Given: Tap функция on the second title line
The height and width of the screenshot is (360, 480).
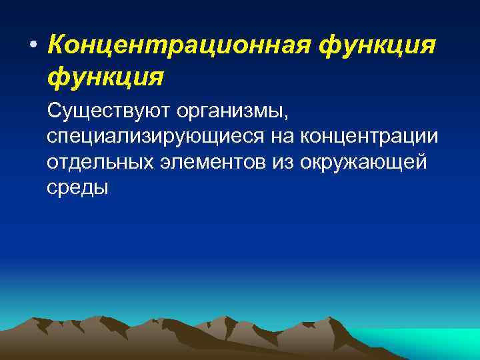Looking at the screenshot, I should coord(105,77).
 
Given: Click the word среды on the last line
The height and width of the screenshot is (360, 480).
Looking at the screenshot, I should coord(77,188).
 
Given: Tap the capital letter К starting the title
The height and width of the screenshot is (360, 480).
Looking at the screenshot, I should coord(57,46).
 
